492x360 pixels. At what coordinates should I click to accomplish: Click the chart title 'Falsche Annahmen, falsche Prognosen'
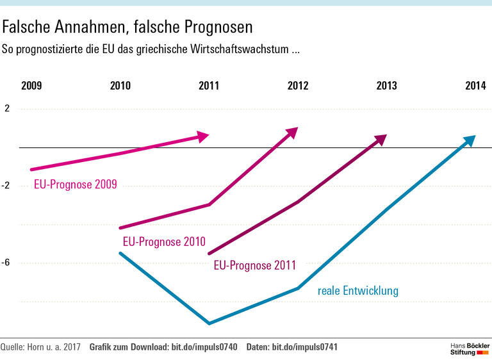128,27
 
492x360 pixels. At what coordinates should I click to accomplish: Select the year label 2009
31,86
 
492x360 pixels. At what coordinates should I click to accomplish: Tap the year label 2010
120,86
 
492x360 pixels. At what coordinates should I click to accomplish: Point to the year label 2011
209,86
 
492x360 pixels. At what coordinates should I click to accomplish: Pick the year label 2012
298,86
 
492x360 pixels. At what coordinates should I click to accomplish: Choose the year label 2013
386,86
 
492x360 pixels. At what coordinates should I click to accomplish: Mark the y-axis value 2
7,109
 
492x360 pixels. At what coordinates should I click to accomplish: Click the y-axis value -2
6,186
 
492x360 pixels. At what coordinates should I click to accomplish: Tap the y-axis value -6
6,263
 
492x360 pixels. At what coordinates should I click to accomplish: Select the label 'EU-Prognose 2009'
76,185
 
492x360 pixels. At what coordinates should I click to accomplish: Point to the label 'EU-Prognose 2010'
164,242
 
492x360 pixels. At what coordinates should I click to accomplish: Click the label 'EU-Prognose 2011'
254,265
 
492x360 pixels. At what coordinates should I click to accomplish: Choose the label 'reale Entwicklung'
358,291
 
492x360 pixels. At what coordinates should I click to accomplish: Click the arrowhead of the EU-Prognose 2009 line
203,136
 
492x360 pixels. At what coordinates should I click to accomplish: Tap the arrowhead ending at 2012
292,132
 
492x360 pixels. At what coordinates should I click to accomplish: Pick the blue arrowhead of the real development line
470,140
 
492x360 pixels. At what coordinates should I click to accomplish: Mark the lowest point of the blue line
209,322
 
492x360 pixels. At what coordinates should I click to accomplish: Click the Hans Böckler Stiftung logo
469,348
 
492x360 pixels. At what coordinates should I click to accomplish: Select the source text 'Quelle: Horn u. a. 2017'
40,347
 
